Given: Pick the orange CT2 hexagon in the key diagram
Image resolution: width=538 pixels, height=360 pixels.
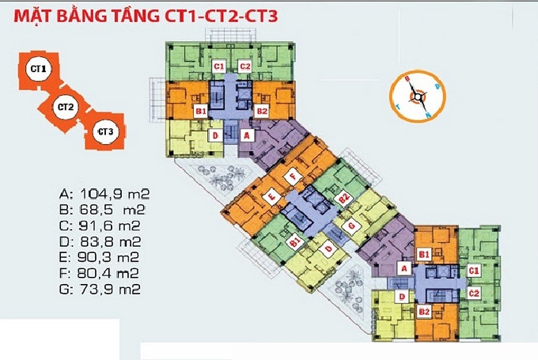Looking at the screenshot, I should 66,106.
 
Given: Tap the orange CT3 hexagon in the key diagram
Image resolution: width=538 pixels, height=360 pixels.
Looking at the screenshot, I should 104,131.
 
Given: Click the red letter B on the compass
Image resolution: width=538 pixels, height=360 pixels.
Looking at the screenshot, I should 407,78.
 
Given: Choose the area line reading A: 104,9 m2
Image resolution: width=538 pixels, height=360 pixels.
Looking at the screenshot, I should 104,193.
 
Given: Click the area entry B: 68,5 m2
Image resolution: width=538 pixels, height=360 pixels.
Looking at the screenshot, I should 104,209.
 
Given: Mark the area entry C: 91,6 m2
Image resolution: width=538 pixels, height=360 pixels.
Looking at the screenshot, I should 104,225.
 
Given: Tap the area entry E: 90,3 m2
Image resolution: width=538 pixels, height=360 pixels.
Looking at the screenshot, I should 104,257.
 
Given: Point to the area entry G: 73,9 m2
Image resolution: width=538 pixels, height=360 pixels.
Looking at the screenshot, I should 104,290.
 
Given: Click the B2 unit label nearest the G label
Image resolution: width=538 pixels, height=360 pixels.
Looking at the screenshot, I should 343,199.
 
